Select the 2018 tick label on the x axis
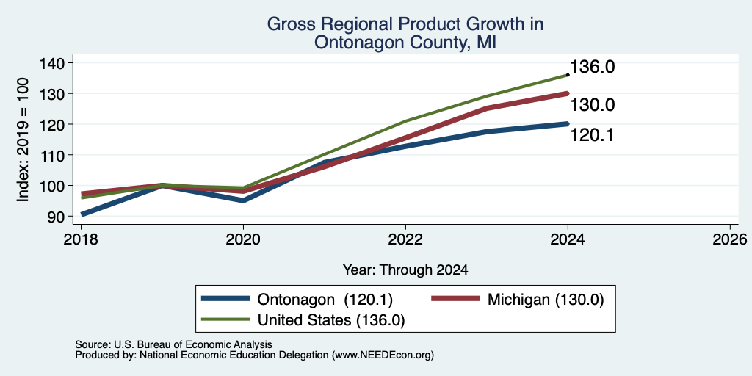tap(81, 239)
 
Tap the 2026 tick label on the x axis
tap(730, 239)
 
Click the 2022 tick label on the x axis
tap(405, 239)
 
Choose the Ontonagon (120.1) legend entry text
tap(325, 300)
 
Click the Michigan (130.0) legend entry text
tap(546, 300)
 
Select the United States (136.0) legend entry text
tap(331, 320)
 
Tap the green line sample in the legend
tap(226, 319)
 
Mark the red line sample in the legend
tap(455, 298)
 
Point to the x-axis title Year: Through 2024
tap(405, 270)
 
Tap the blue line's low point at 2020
tap(243, 200)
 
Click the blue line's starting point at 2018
tap(82, 214)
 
